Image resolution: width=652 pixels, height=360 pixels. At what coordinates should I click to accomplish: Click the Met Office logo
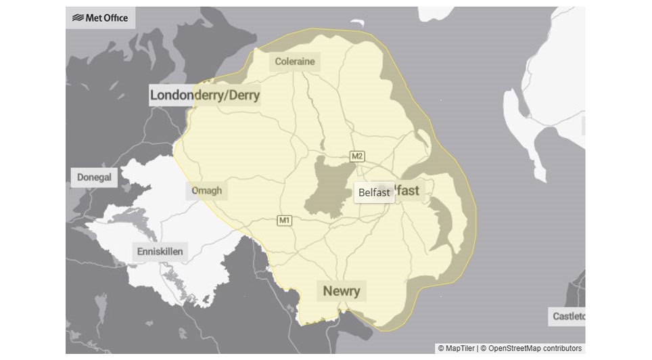point(100,18)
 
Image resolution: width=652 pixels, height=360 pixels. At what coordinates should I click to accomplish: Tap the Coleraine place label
point(295,62)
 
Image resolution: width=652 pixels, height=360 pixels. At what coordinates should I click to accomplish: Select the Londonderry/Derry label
point(204,95)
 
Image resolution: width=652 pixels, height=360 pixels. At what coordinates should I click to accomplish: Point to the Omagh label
point(206,190)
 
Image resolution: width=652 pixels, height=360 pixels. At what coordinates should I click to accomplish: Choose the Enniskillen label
point(160,252)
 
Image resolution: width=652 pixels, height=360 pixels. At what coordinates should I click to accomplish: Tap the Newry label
point(342,291)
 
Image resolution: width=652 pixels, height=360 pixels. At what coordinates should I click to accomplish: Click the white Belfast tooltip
point(374,192)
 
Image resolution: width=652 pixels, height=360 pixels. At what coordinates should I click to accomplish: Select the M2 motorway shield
point(357,156)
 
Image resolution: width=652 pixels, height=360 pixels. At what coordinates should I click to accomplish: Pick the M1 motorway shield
point(284,220)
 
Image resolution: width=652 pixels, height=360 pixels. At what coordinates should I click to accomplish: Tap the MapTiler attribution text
point(457,348)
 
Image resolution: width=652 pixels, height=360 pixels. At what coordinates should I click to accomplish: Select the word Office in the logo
point(116,18)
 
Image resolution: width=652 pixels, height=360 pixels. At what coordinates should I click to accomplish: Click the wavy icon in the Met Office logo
point(78,18)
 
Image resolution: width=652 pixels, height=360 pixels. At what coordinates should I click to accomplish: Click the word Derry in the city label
point(244,95)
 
